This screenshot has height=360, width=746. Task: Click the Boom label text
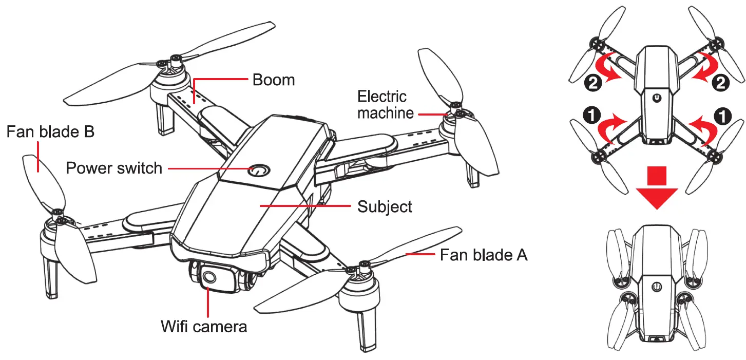click(x=273, y=80)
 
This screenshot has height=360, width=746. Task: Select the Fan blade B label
click(x=50, y=132)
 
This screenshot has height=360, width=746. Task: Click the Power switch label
click(x=114, y=168)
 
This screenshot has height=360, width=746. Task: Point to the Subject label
click(x=385, y=207)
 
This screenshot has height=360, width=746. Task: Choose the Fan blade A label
click(x=483, y=254)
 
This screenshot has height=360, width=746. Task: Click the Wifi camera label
click(x=204, y=326)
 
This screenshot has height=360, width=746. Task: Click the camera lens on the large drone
click(x=208, y=278)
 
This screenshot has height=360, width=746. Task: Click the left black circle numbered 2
click(x=593, y=83)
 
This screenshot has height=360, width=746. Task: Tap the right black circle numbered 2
click(x=721, y=83)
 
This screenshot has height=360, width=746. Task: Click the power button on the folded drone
click(x=656, y=287)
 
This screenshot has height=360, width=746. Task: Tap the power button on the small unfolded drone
click(x=657, y=98)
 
